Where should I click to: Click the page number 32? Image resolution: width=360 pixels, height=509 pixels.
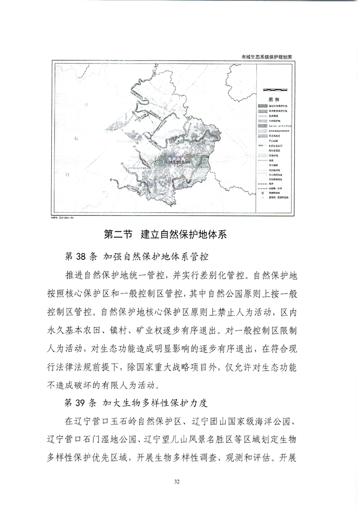(180, 481)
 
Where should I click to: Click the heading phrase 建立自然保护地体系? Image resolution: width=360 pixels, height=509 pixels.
(183, 235)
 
